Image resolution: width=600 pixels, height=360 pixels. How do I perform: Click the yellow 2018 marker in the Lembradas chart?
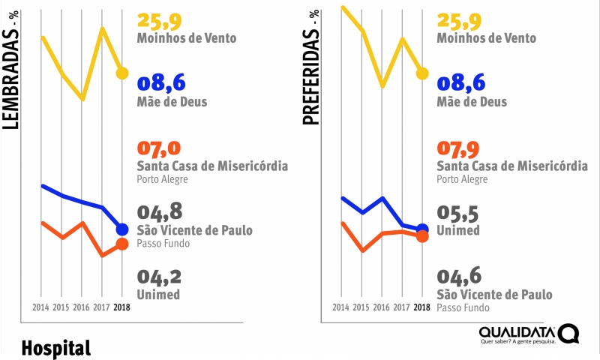click(122, 73)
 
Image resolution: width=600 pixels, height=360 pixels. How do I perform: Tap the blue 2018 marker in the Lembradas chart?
click(122, 229)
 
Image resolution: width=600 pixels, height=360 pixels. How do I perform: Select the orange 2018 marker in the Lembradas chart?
click(122, 244)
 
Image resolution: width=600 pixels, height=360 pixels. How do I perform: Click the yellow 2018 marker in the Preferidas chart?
click(421, 73)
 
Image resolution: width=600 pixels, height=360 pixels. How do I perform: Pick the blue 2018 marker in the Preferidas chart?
click(421, 229)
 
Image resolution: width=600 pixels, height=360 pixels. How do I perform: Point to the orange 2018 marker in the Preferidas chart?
click(421, 236)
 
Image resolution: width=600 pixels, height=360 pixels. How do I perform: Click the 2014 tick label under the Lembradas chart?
click(42, 307)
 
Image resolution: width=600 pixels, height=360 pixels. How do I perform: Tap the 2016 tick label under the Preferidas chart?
click(381, 307)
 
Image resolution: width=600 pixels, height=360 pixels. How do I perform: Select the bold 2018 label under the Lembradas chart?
click(122, 307)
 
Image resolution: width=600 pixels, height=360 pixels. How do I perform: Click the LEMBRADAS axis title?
click(11, 76)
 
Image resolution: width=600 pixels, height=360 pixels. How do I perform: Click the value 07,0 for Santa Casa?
click(160, 148)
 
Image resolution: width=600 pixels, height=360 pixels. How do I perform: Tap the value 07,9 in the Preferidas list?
click(459, 148)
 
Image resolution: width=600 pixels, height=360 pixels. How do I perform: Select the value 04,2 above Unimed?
click(160, 277)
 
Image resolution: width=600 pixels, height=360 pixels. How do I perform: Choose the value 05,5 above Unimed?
click(457, 214)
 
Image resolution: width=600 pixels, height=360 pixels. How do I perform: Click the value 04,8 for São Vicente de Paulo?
click(160, 213)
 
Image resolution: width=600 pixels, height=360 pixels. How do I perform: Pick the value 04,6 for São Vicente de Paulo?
click(459, 277)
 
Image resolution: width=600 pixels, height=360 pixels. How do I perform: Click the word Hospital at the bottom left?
click(56, 348)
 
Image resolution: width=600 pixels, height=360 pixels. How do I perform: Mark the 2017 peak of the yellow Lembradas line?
click(102, 28)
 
